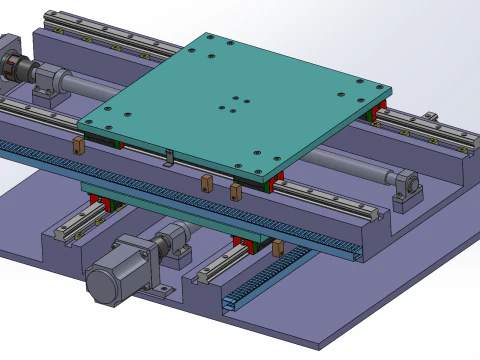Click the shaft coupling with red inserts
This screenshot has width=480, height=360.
click(19, 69)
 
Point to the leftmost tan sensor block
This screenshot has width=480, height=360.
click(78, 147)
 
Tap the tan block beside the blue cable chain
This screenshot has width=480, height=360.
click(277, 249)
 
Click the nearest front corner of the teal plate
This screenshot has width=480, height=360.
click(270, 179)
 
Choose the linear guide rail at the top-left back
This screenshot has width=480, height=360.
click(110, 35)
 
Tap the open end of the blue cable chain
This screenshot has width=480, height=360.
click(231, 300)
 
